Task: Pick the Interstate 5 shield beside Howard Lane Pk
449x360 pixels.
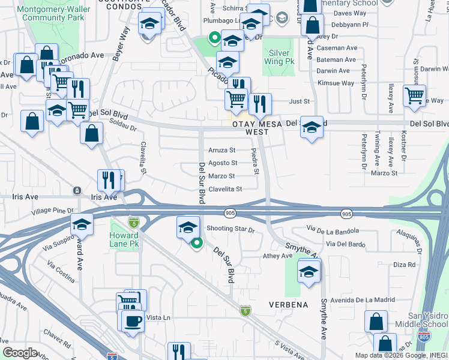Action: [x=133, y=223]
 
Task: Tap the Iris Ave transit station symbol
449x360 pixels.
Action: [x=76, y=191]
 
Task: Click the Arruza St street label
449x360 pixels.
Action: [x=221, y=150]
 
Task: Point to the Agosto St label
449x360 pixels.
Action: [x=222, y=163]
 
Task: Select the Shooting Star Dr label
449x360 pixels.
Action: [x=231, y=229]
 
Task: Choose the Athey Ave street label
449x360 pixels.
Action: [x=277, y=256]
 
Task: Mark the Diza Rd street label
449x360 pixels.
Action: [x=405, y=265]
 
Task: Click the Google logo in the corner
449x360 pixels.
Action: [x=20, y=352]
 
